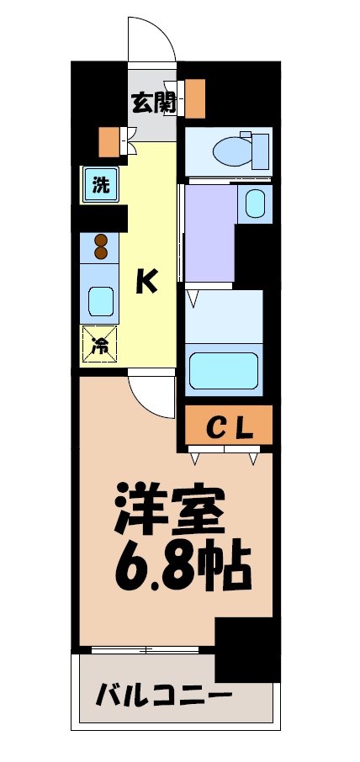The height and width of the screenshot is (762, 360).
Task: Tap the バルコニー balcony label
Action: [164, 697]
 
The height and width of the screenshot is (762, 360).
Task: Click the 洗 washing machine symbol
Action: [100, 185]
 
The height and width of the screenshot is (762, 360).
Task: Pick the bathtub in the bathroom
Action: [223, 370]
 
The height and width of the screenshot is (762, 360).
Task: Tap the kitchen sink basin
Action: [101, 300]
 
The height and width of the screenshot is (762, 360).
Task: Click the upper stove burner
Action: [100, 238]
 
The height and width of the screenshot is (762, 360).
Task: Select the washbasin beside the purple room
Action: [254, 204]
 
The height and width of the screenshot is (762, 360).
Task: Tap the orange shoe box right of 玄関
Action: [194, 98]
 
